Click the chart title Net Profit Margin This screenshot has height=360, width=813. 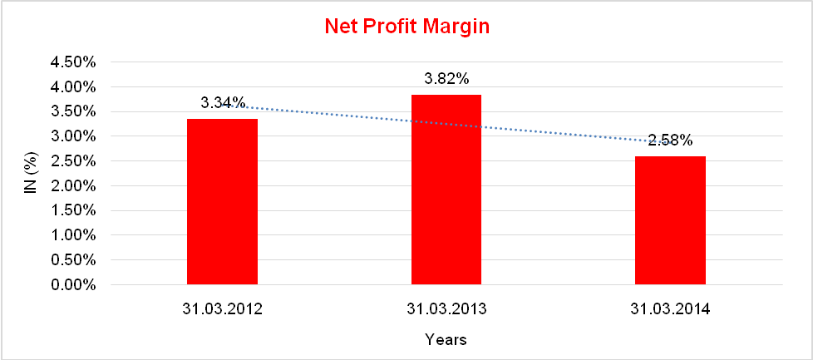(406, 27)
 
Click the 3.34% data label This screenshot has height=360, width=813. (223, 102)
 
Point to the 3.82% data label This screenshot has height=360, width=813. (446, 79)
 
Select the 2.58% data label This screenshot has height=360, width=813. (670, 141)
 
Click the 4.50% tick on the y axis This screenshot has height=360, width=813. (74, 62)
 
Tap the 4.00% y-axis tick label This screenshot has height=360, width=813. (74, 87)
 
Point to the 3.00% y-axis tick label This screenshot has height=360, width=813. (74, 136)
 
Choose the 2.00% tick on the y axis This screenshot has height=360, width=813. (74, 186)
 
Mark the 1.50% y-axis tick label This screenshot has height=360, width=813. (74, 211)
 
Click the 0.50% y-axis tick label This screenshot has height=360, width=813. (74, 260)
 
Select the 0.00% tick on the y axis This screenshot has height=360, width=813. (74, 285)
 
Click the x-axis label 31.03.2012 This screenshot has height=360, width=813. (223, 309)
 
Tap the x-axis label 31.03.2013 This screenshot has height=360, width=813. (446, 309)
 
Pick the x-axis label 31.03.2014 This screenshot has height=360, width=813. (670, 309)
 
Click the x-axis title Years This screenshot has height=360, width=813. (446, 339)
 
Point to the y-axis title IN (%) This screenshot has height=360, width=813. (31, 174)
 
